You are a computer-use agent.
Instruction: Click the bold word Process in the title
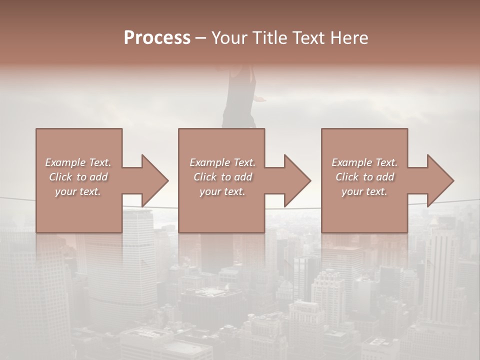click(157, 38)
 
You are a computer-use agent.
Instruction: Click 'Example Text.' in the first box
click(78, 162)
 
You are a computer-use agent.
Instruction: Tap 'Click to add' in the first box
click(78, 177)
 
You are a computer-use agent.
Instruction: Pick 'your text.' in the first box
click(78, 191)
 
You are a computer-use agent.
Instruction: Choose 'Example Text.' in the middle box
click(222, 162)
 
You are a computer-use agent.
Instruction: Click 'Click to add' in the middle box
click(222, 177)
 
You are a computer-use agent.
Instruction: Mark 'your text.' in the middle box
click(222, 191)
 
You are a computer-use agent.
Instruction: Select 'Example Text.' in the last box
click(364, 162)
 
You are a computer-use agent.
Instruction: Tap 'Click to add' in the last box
click(364, 177)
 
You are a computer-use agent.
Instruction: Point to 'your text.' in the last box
click(364, 191)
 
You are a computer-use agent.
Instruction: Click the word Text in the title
click(306, 38)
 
